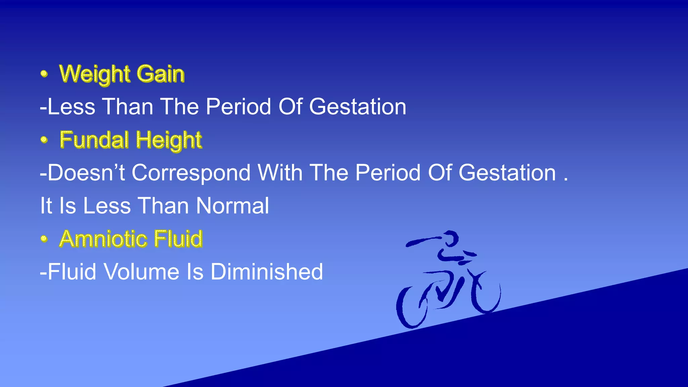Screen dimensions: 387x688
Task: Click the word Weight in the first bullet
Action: [94, 74]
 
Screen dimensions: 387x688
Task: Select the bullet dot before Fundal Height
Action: [44, 139]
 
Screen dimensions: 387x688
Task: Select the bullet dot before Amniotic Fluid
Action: [44, 239]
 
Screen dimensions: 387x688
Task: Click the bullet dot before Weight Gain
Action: [44, 74]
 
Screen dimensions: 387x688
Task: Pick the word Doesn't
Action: [86, 173]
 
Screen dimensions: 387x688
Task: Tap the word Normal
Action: [232, 206]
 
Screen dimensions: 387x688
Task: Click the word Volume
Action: [141, 272]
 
